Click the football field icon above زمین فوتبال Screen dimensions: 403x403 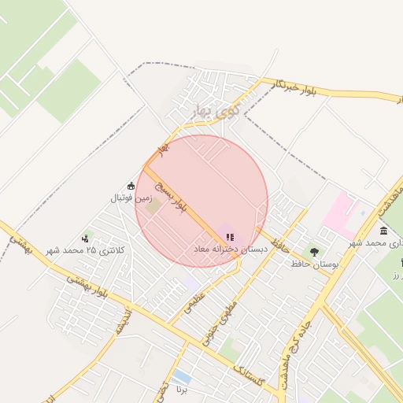(131, 187)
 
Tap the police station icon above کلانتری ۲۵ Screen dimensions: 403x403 (85, 238)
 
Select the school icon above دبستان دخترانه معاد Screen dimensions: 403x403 (229, 236)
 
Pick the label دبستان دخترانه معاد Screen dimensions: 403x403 (231, 249)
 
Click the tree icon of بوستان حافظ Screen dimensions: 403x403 (314, 252)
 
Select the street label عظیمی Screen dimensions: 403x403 (194, 305)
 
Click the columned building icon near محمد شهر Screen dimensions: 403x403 (383, 231)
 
